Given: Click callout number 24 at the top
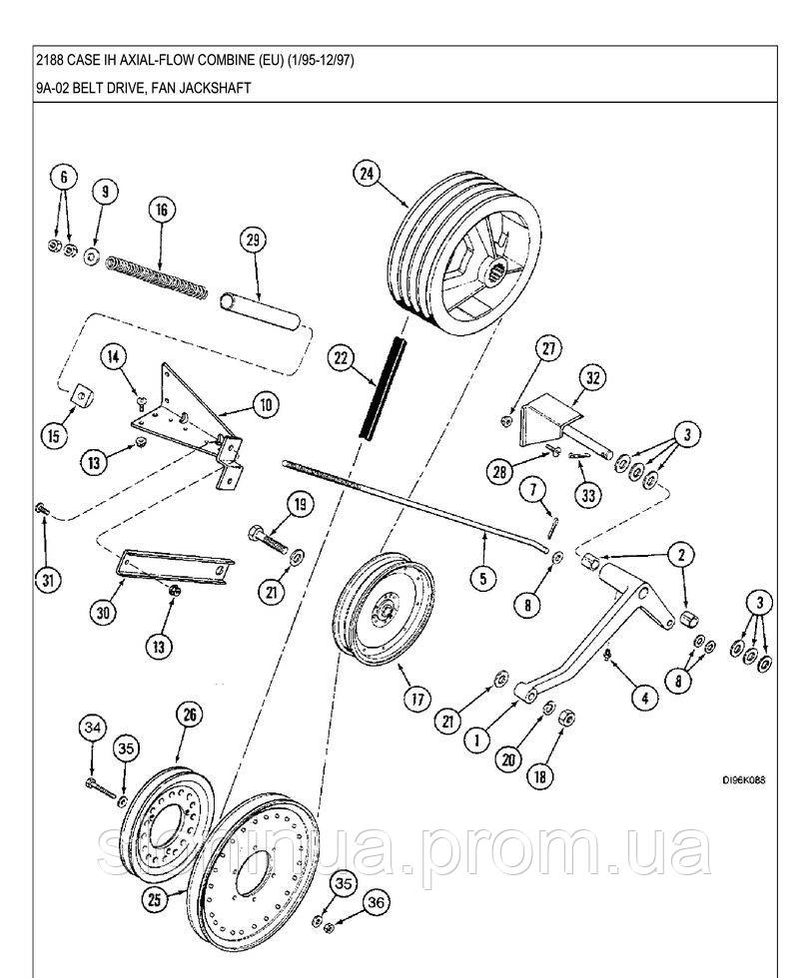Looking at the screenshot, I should coord(366,174).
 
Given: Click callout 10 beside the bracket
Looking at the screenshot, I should coord(265,405).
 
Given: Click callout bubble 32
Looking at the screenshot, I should coord(592,377).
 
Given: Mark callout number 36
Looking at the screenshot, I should coord(374,903).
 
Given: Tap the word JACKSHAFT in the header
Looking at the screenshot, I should coord(212,88).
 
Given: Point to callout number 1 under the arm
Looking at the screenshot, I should coord(477,739).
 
